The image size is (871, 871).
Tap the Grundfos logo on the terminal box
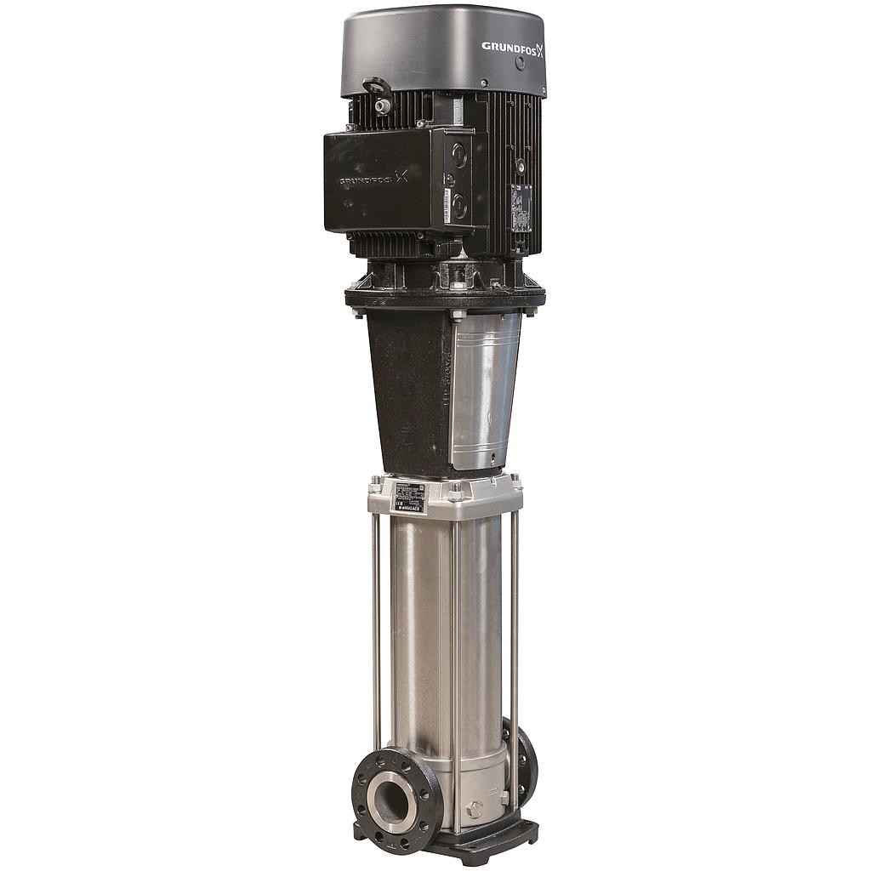(x=373, y=179)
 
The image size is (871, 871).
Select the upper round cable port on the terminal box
(x=459, y=155)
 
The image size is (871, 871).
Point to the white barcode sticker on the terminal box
(x=447, y=205)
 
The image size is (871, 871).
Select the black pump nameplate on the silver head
(x=410, y=497)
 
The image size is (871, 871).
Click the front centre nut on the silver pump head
(x=456, y=492)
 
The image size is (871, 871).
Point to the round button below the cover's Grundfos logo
(x=520, y=62)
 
